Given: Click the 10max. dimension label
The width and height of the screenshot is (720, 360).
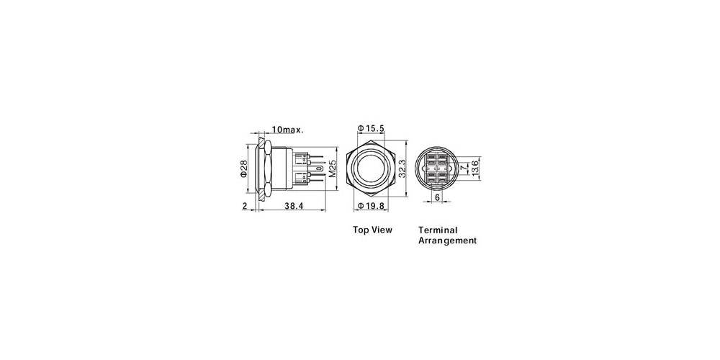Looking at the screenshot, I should click(287, 130).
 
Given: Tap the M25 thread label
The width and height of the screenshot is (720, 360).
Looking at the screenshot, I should click(333, 169).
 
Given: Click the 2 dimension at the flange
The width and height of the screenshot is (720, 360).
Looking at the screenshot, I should click(245, 206).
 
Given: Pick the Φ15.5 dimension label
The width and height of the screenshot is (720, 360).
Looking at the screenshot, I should click(374, 128).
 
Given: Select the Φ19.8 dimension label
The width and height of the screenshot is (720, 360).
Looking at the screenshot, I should click(374, 207).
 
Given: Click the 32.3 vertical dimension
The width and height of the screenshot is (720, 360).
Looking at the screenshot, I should click(402, 171).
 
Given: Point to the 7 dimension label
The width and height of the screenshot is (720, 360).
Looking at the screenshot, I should click(463, 168).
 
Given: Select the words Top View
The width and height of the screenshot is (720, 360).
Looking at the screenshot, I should click(372, 230).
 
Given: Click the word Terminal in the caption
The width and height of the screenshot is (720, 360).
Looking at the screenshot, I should click(438, 230).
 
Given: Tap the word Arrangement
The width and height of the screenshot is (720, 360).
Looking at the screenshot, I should click(447, 241).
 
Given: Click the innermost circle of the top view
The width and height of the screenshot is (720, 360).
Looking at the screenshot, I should click(372, 170).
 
